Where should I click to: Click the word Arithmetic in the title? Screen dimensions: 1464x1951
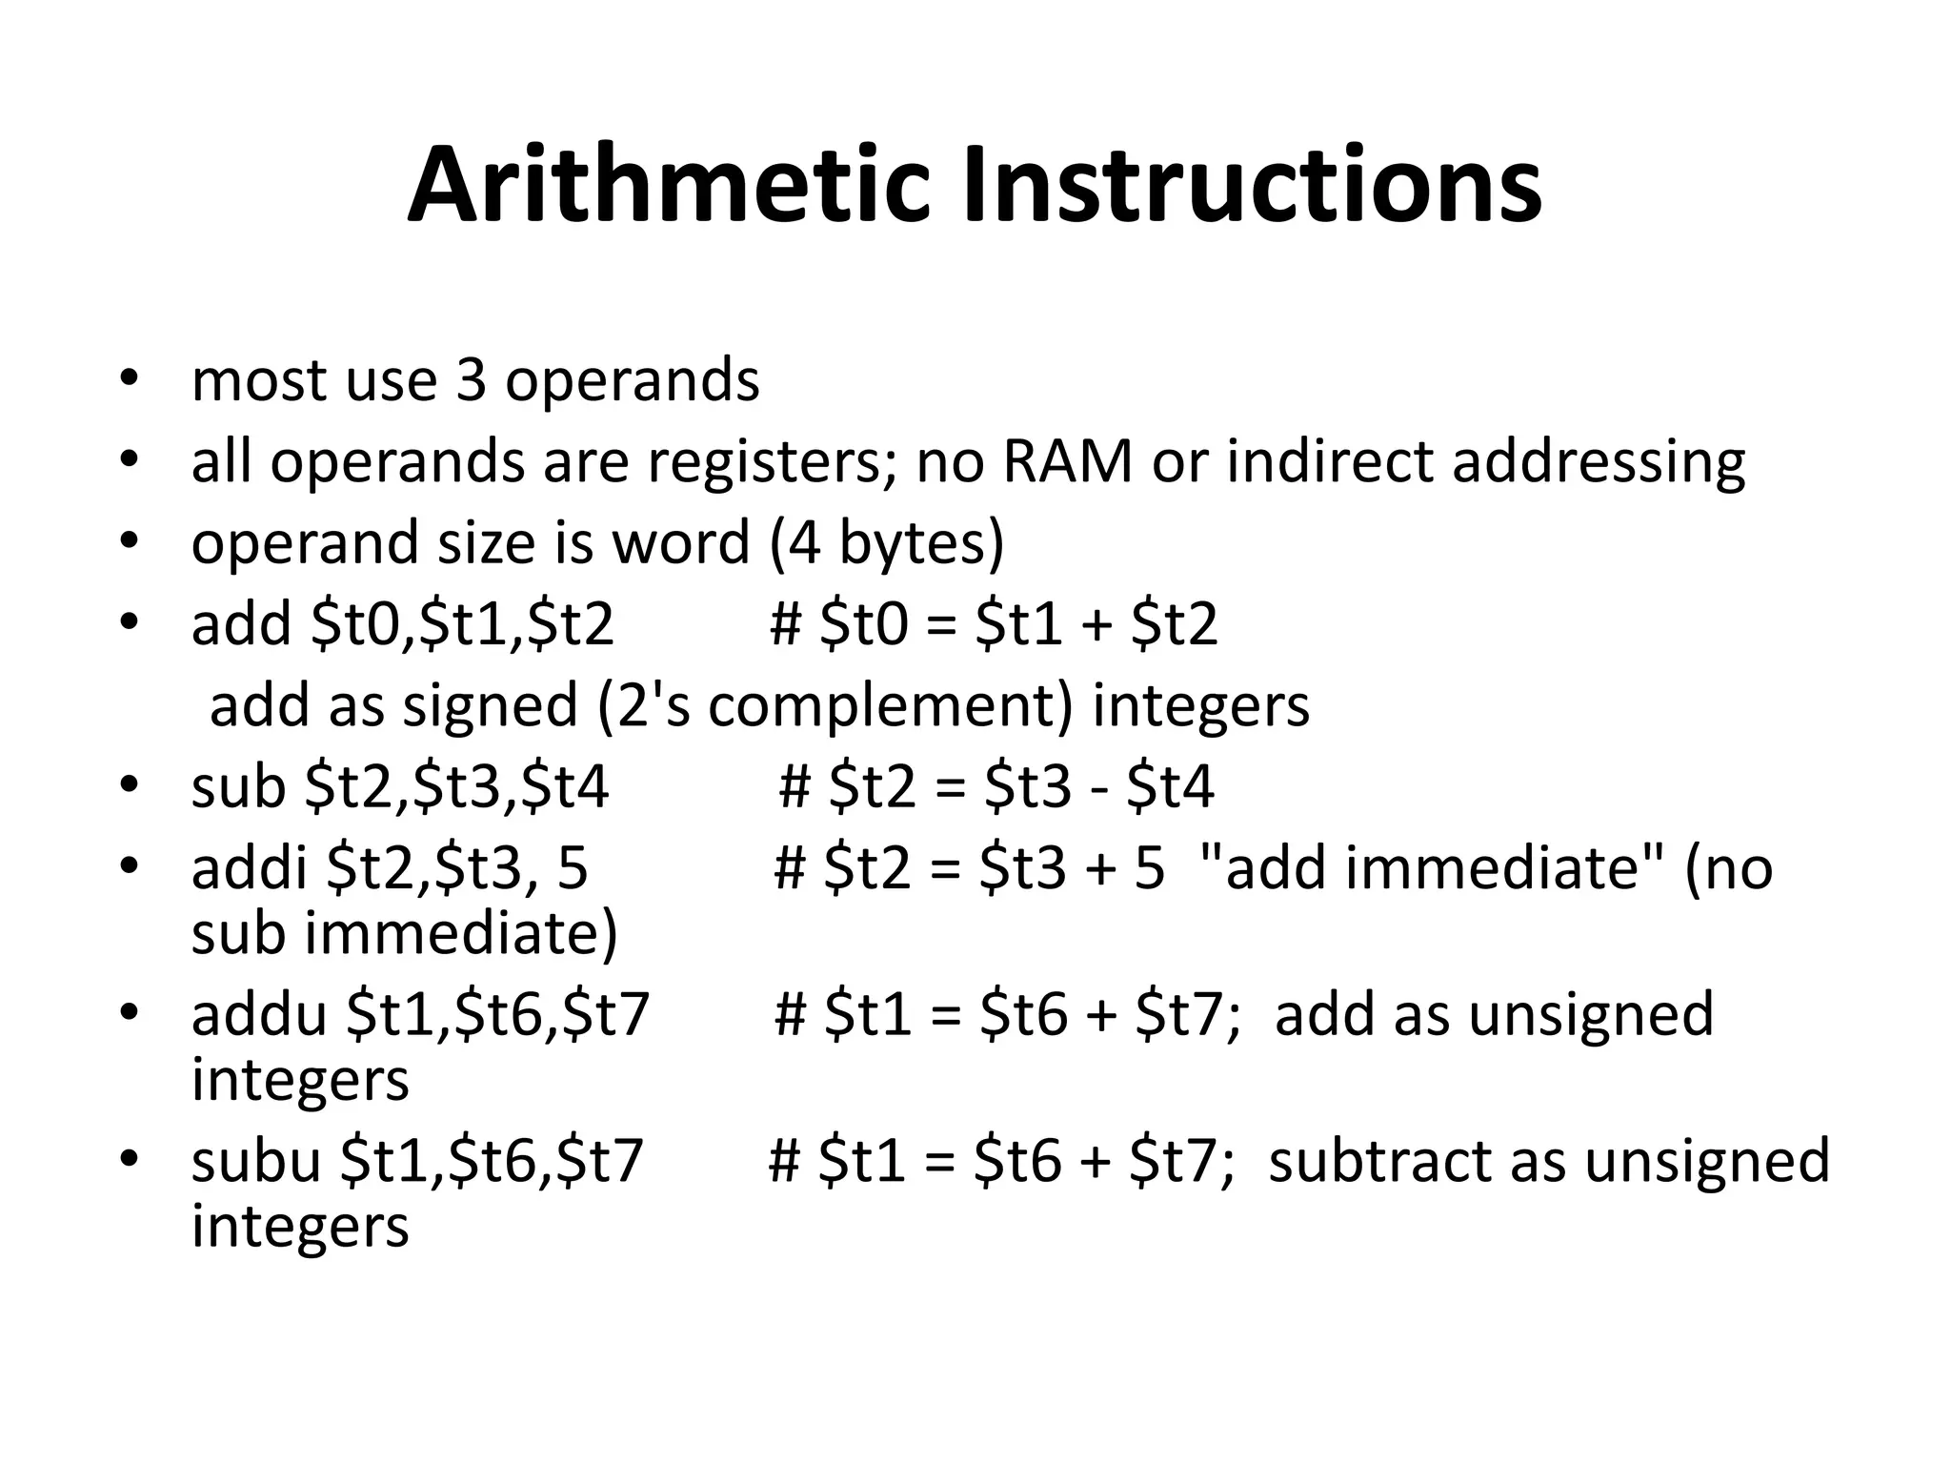coord(667,186)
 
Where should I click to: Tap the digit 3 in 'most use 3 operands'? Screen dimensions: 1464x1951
coord(471,380)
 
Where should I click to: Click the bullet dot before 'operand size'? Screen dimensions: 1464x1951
coord(130,542)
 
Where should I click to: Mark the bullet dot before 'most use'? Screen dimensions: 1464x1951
coord(130,378)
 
